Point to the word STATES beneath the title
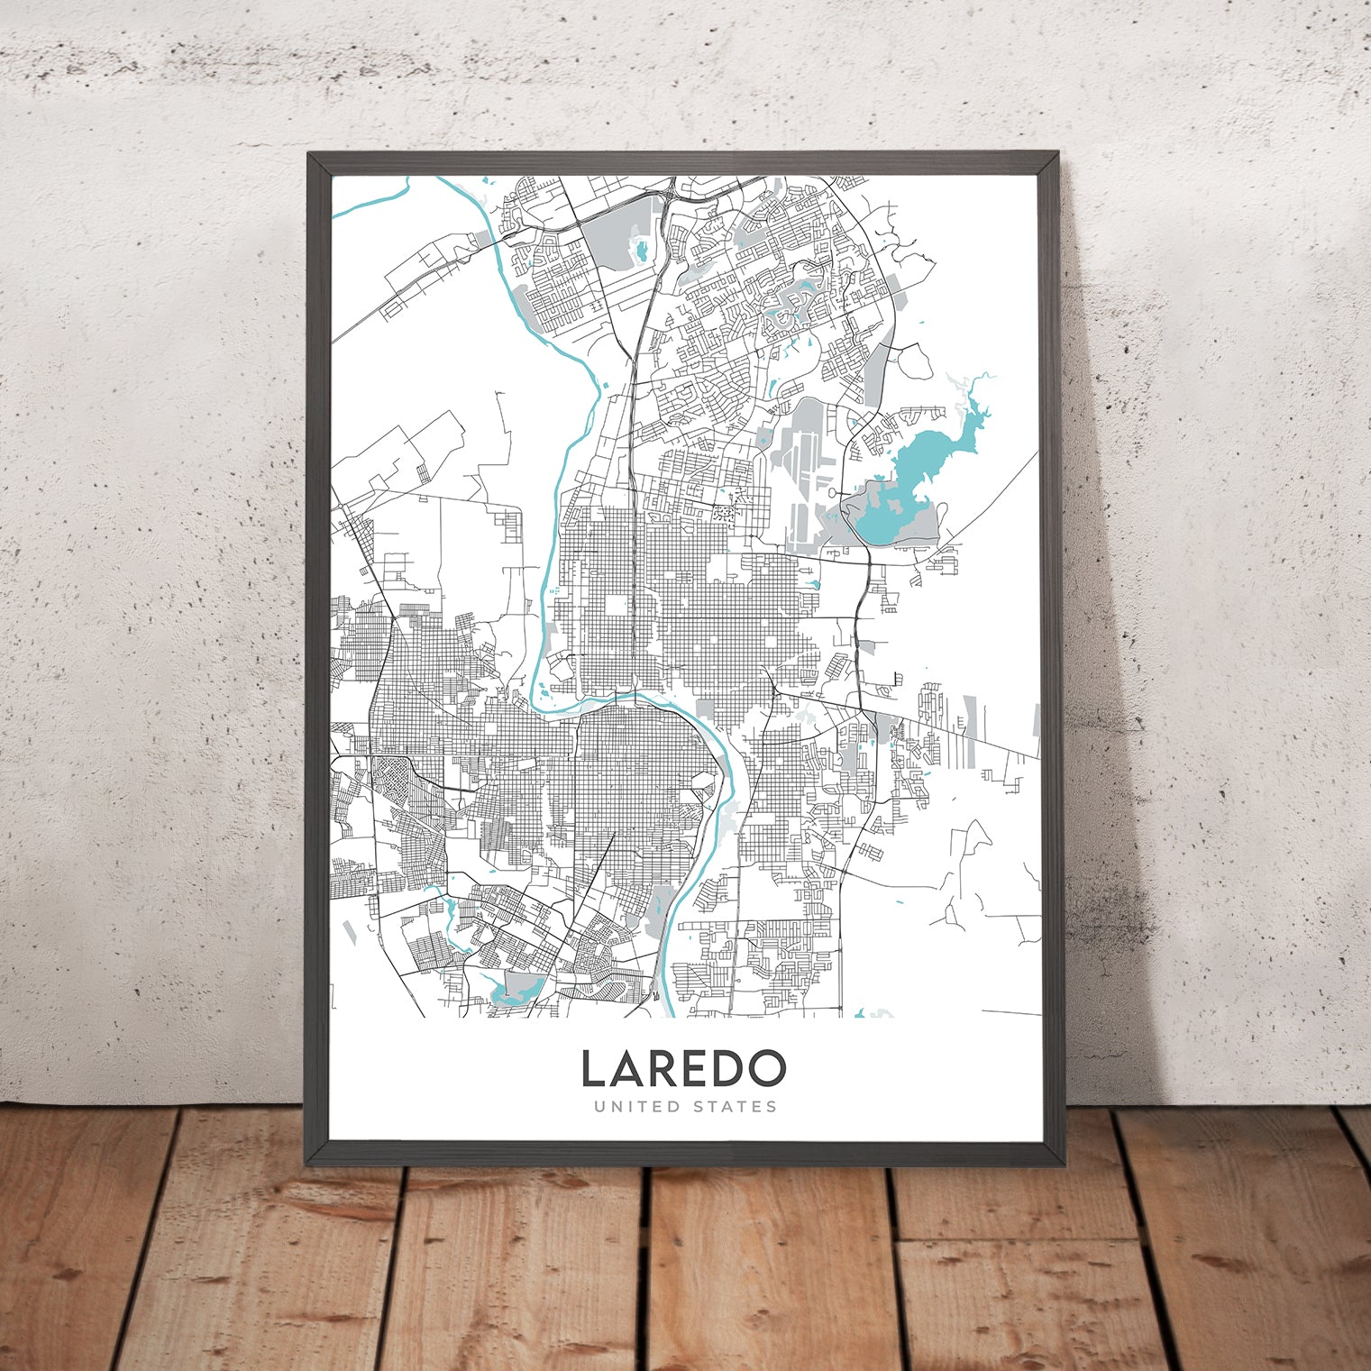pos(733,1106)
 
